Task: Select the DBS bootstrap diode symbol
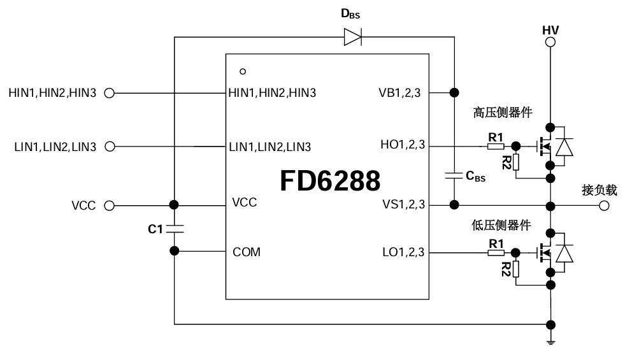[x=353, y=37]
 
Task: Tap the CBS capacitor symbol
[x=454, y=175]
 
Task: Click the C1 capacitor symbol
[x=173, y=228]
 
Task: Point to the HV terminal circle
[x=550, y=42]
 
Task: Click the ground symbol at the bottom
[x=550, y=343]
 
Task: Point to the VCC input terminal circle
[x=109, y=206]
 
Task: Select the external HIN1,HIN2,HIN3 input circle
[x=109, y=93]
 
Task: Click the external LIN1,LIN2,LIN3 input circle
[x=109, y=147]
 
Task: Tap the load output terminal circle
[x=604, y=205]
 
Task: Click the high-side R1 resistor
[x=496, y=147]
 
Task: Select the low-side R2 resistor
[x=515, y=269]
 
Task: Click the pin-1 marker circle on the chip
[x=243, y=71]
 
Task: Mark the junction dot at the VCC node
[x=173, y=205]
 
